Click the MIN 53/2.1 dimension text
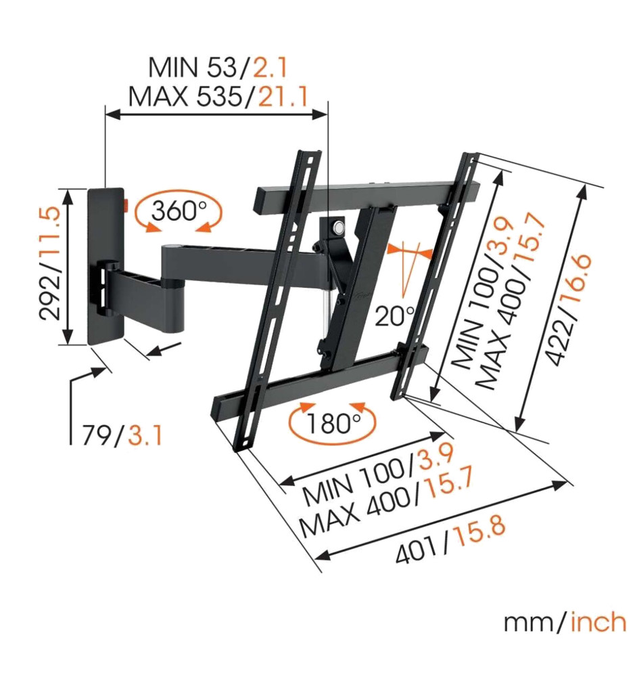pyautogui.click(x=218, y=67)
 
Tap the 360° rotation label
pyautogui.click(x=179, y=211)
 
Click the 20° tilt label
pyautogui.click(x=394, y=315)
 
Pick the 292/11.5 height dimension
pyautogui.click(x=49, y=263)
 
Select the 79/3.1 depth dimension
pyautogui.click(x=122, y=435)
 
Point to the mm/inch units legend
pyautogui.click(x=565, y=622)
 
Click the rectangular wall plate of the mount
pyautogui.click(x=106, y=266)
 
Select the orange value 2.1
pyautogui.click(x=270, y=67)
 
